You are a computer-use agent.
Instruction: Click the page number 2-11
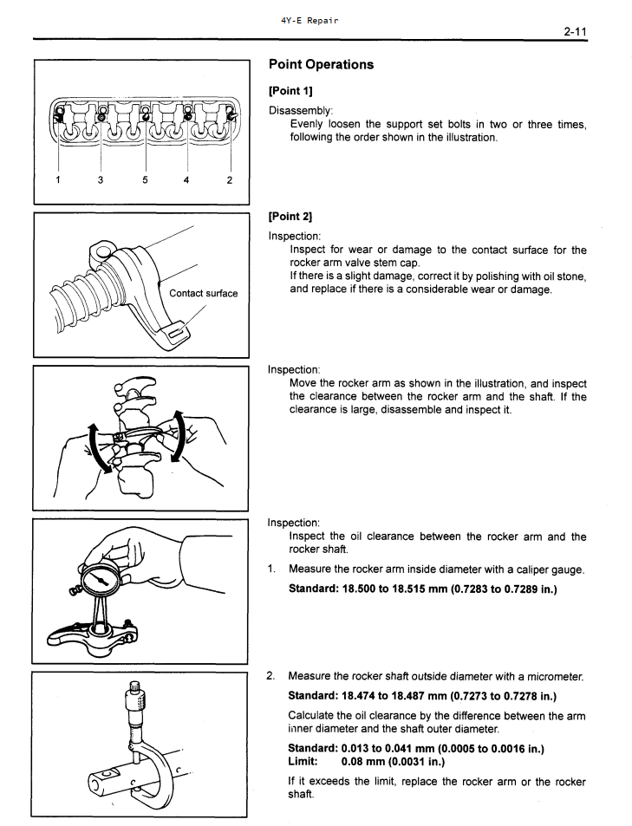point(575,32)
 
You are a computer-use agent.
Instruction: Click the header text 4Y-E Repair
point(309,20)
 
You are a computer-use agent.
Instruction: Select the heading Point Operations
point(321,64)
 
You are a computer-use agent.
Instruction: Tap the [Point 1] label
point(290,91)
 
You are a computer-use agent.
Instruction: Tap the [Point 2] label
point(290,216)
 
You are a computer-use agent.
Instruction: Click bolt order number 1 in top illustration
point(57,180)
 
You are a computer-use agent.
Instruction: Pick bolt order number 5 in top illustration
point(145,180)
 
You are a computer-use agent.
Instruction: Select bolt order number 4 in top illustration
point(186,180)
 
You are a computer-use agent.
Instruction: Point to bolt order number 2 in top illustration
point(230,180)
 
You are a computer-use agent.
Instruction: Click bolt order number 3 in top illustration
point(101,180)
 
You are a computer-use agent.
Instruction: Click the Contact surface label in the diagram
point(203,293)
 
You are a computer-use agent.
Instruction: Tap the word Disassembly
point(300,110)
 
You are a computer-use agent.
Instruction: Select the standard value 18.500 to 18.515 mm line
point(422,589)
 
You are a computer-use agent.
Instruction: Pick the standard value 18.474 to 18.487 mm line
point(421,695)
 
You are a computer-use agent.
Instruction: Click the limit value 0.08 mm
point(393,762)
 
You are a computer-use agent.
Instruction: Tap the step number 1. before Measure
point(272,569)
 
